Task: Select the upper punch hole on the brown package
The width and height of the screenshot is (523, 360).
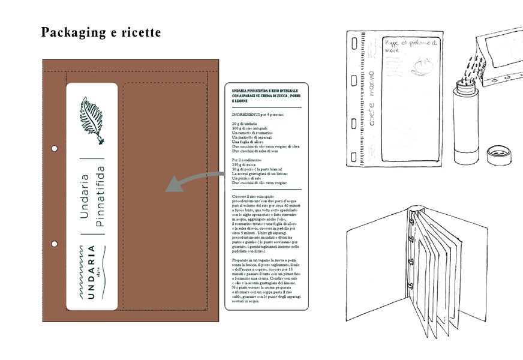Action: [x=54, y=148]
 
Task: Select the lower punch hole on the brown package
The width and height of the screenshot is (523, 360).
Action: [x=54, y=244]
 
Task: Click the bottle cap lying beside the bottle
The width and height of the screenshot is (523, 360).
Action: [x=498, y=155]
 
